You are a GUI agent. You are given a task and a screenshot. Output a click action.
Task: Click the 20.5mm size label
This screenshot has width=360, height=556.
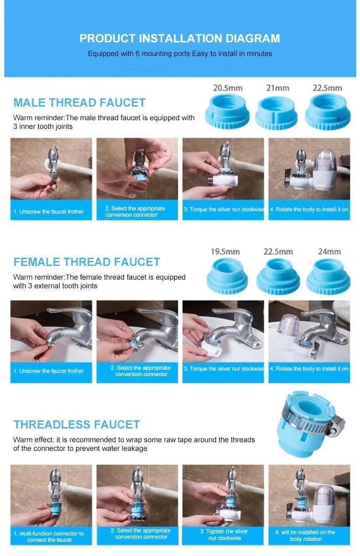coord(227,88)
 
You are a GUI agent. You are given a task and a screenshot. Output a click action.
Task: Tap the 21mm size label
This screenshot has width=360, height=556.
coord(278,88)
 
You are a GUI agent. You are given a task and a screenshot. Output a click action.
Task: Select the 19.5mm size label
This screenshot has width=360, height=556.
coord(225,252)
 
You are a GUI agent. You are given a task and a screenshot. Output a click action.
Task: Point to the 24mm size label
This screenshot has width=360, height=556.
coord(329,252)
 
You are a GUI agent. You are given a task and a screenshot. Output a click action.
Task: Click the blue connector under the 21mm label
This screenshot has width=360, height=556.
coord(276,112)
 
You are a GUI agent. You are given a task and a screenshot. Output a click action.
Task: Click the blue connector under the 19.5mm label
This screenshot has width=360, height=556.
coord(227,276)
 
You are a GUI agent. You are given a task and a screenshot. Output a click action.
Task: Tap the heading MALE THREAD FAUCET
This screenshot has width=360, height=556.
coord(79,103)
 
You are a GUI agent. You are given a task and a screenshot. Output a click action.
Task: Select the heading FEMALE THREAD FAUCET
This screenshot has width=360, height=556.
coord(87,262)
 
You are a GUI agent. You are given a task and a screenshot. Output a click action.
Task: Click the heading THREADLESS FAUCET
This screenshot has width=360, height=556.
coord(77,424)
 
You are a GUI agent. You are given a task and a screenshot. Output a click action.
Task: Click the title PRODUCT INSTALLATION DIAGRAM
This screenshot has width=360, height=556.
coord(180,38)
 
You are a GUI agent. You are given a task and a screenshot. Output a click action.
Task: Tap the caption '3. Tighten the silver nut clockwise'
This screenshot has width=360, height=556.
coord(224,535)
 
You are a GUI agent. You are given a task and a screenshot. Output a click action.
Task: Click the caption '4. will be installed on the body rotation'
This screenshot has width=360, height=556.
coord(305,536)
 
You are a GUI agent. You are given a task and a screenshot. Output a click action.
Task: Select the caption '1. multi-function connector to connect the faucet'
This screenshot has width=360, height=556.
coord(49,536)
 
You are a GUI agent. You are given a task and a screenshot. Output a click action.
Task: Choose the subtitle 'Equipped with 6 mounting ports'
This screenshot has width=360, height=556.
coord(139,54)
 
